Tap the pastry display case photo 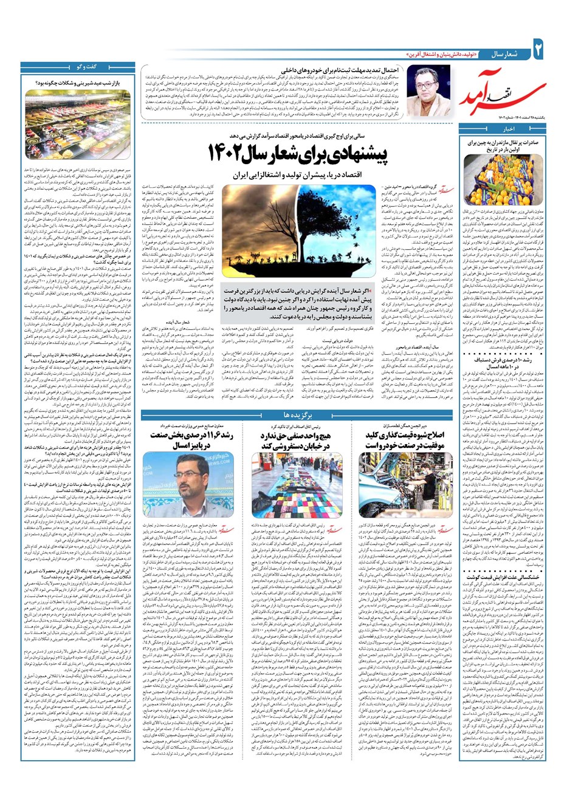pyautogui.click(x=77, y=125)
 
